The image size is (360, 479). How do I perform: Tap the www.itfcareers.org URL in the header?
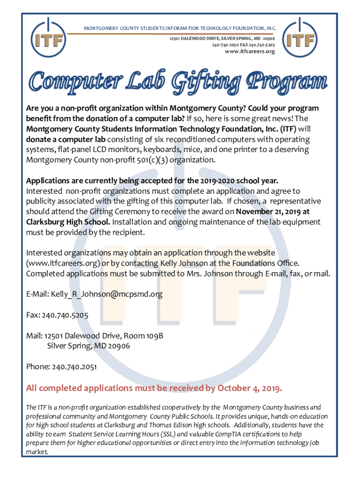click(250, 51)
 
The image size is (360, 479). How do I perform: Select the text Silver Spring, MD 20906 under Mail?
click(88, 346)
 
